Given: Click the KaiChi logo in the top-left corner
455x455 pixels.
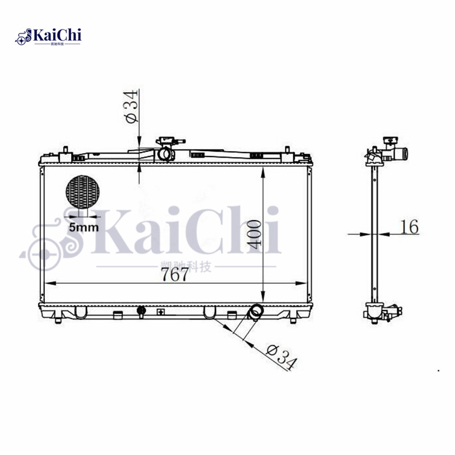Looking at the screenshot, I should [50, 36].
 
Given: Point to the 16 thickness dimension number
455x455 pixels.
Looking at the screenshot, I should [408, 226].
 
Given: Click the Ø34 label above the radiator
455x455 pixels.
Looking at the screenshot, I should [131, 108].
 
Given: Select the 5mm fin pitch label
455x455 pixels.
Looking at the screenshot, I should [84, 227].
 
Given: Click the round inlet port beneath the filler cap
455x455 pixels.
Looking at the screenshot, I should [166, 153].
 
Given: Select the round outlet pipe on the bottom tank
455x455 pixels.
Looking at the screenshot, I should [256, 311].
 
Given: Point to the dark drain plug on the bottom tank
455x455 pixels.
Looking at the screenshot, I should [141, 311].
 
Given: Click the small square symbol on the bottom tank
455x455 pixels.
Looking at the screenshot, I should [160, 312].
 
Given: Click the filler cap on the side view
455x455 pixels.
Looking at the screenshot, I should [390, 140].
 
